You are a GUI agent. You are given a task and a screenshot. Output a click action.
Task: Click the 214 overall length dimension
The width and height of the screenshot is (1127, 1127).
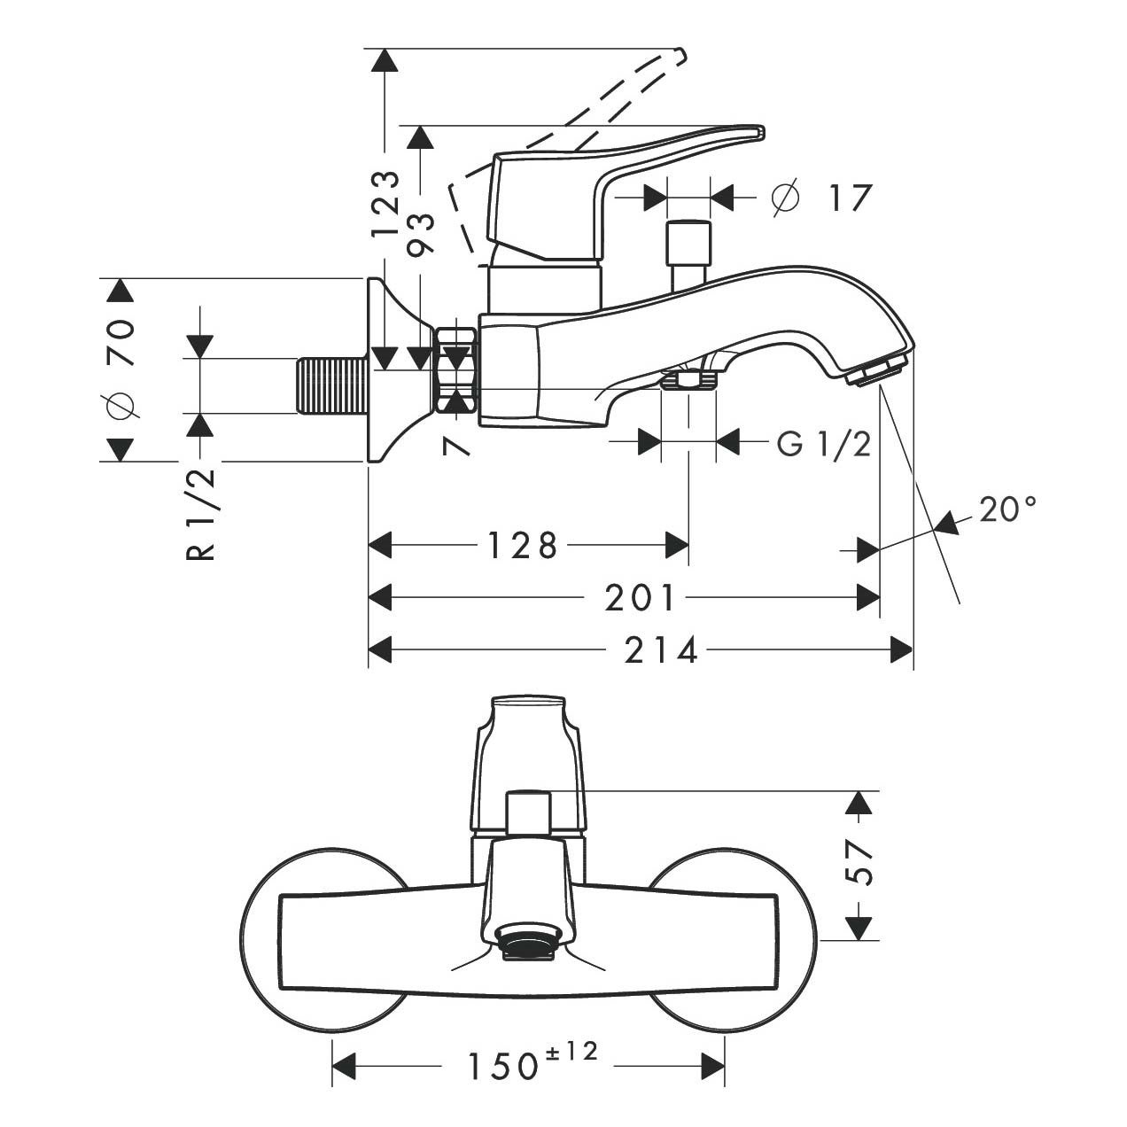[660, 651]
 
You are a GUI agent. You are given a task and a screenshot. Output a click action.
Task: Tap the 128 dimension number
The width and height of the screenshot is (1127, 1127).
[523, 546]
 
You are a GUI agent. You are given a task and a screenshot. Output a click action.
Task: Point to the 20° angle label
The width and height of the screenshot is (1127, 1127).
[1007, 509]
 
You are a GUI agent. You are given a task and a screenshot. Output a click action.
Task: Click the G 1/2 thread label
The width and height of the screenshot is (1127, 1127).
[823, 443]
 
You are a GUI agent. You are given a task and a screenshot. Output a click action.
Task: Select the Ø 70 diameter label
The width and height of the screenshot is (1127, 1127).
[120, 367]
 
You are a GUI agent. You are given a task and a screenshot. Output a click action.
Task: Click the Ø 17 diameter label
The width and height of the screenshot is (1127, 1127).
[822, 198]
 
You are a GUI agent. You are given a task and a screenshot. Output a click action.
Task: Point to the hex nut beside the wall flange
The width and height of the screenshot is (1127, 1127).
[457, 370]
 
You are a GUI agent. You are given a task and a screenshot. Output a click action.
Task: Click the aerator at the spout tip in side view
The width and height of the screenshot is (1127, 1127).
[876, 371]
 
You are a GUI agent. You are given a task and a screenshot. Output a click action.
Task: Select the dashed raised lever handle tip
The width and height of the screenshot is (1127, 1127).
[677, 57]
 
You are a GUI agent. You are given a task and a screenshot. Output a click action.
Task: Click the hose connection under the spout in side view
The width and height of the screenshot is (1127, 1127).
[688, 380]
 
